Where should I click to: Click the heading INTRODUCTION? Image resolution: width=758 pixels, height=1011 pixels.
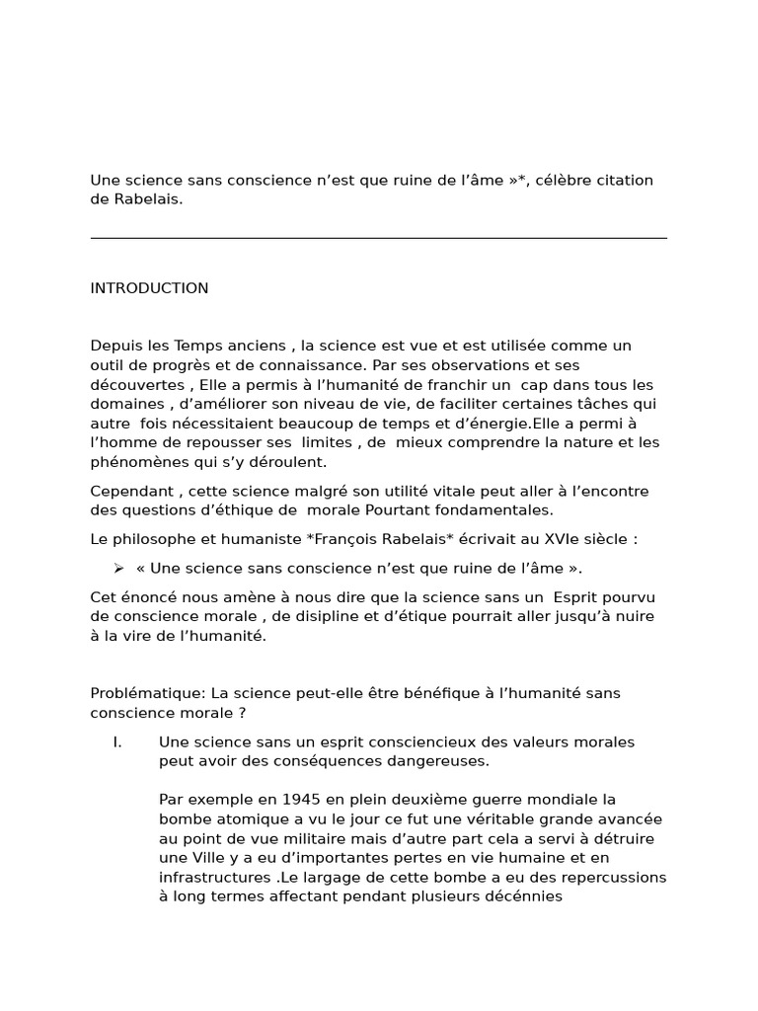pyautogui.click(x=149, y=288)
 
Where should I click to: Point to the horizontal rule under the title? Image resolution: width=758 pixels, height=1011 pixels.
pyautogui.click(x=378, y=238)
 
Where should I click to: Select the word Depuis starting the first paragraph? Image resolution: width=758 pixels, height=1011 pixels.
pyautogui.click(x=115, y=346)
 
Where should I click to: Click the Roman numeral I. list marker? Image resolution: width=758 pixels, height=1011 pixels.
pyautogui.click(x=117, y=741)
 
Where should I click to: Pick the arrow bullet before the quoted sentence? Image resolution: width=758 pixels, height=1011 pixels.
pyautogui.click(x=118, y=568)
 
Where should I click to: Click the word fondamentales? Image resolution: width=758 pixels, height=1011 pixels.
pyautogui.click(x=494, y=510)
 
